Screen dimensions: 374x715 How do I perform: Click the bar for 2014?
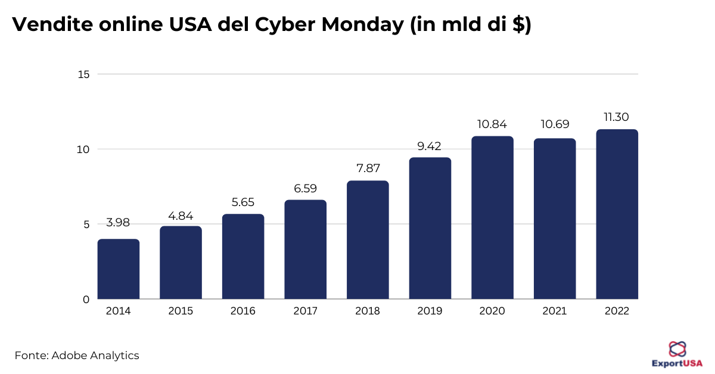click(119, 269)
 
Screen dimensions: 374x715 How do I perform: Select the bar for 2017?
click(306, 250)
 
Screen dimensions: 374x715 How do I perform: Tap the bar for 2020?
click(492, 217)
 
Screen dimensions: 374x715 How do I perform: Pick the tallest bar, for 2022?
click(617, 214)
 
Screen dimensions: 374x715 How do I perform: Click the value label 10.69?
click(555, 124)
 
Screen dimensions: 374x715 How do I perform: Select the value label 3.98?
click(118, 223)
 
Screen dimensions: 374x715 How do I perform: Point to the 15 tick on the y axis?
click(83, 74)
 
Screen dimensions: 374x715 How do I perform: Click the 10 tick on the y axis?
click(83, 149)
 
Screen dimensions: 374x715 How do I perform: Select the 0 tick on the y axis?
click(86, 299)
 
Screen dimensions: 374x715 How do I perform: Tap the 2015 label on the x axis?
click(181, 311)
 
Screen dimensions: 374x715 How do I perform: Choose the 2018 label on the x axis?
click(368, 311)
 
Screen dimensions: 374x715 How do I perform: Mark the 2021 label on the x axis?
click(555, 311)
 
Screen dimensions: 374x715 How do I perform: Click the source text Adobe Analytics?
click(95, 356)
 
